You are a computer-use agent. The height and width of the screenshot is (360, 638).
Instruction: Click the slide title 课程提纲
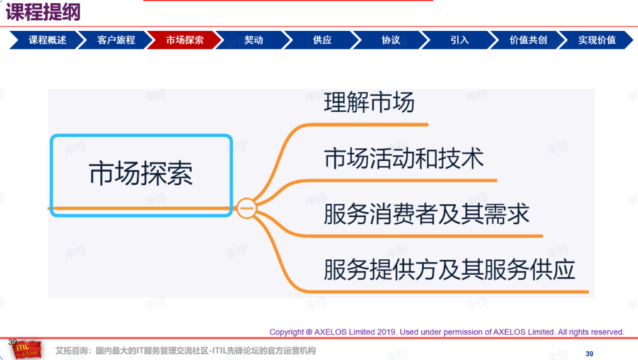click(43, 11)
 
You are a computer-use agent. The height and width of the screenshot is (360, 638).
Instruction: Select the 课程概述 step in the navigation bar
click(47, 40)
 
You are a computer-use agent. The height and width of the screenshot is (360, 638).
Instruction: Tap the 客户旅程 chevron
click(116, 40)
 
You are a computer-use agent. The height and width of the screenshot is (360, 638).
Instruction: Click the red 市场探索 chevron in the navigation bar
click(185, 40)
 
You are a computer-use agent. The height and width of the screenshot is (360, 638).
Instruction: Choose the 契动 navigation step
click(253, 40)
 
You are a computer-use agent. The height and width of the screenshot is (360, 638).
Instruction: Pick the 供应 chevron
click(322, 40)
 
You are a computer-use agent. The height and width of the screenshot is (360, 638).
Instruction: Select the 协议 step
click(391, 40)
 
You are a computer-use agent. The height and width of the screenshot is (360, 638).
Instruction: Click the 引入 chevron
click(460, 40)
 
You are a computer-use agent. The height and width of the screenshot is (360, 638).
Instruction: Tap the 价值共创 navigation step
click(528, 40)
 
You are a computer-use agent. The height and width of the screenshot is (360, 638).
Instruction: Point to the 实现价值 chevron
click(597, 40)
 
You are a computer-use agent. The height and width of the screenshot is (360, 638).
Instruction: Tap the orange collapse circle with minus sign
click(246, 208)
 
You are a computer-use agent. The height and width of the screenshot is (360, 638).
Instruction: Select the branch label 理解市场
click(369, 102)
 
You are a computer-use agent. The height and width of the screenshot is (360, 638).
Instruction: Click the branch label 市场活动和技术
click(403, 158)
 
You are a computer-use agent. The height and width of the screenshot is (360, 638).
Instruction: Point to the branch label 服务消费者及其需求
click(426, 214)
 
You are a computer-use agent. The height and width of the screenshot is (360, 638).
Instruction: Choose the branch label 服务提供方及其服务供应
click(449, 269)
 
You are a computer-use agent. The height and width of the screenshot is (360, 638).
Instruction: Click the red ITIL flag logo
click(26, 349)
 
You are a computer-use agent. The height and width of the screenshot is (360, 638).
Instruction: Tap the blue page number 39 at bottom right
click(589, 354)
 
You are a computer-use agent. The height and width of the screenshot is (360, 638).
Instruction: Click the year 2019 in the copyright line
click(386, 332)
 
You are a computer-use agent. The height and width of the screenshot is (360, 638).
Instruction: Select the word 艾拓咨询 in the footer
click(70, 351)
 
